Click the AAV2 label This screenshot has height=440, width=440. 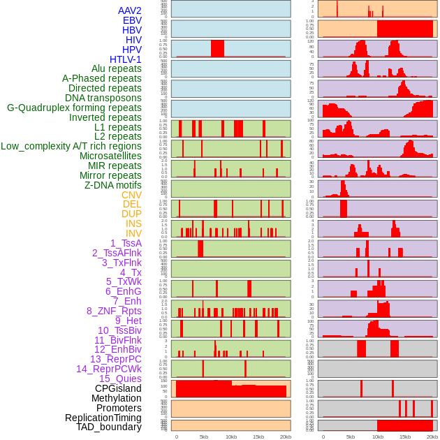point(130,10)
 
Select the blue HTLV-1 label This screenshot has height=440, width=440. point(126,59)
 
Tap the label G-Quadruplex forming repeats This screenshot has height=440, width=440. point(74,108)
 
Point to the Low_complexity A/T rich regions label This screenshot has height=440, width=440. point(71,146)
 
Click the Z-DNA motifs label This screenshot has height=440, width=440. point(113,185)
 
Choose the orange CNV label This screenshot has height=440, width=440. point(131,195)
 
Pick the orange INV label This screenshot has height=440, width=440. point(133,233)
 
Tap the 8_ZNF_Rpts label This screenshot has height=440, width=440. point(114,311)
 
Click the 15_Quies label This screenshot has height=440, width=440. point(119,379)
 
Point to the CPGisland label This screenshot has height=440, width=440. point(118,388)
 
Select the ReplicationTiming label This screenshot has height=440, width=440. point(103,418)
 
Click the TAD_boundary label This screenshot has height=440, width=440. point(109,427)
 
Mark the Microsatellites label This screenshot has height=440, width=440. point(110,156)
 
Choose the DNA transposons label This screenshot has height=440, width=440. point(103,98)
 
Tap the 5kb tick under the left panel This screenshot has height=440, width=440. point(203,437)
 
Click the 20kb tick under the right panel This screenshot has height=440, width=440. point(432,437)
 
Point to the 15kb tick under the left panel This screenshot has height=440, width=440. point(258,437)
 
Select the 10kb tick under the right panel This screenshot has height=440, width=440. point(377,437)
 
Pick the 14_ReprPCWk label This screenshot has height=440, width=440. point(109,369)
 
